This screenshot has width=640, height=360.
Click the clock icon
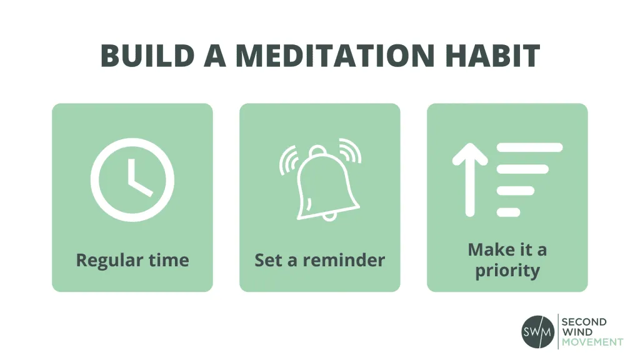pyautogui.click(x=132, y=179)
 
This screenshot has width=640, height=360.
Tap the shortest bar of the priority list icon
pyautogui.click(x=508, y=212)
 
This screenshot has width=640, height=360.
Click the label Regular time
pyautogui.click(x=132, y=259)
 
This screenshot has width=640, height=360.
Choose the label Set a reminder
pyautogui.click(x=319, y=259)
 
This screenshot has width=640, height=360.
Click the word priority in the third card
pyautogui.click(x=507, y=271)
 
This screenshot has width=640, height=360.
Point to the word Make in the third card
pyautogui.click(x=487, y=250)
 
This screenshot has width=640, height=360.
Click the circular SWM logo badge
pyautogui.click(x=537, y=331)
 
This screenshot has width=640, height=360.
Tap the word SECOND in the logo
pyautogui.click(x=584, y=322)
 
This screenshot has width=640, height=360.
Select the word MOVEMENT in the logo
pyautogui.click(x=592, y=342)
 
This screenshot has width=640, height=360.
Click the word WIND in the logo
pyautogui.click(x=575, y=332)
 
